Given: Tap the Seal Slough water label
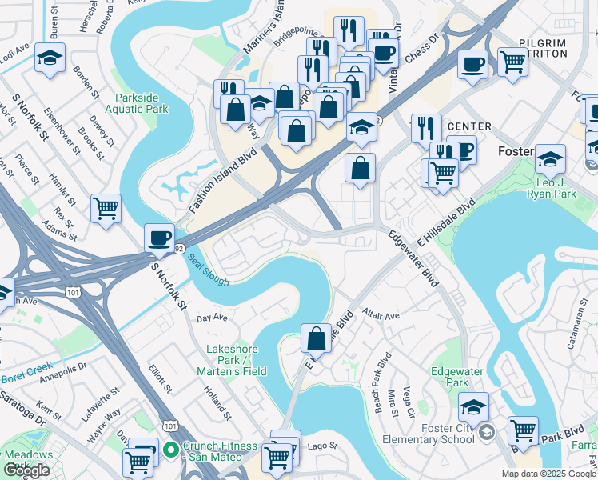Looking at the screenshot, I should coord(209,270).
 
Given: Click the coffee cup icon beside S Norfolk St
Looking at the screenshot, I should coord(159,237).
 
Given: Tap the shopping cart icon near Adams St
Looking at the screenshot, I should coord(106,209).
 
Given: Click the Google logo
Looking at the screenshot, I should coord(27,470).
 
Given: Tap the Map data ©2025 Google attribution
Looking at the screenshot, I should coord(548,474).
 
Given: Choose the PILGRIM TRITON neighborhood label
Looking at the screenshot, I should coord(543,47).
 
